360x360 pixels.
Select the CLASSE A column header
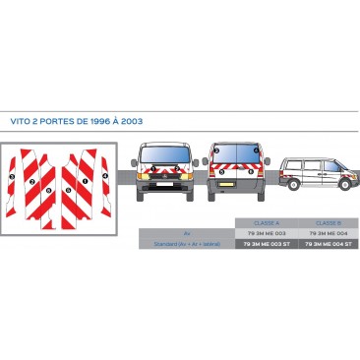267,222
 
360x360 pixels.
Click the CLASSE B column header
324,222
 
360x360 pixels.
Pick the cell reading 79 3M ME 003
267,232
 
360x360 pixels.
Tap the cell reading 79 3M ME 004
324,232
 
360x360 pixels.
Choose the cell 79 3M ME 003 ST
267,242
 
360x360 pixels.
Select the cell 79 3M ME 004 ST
324,242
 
